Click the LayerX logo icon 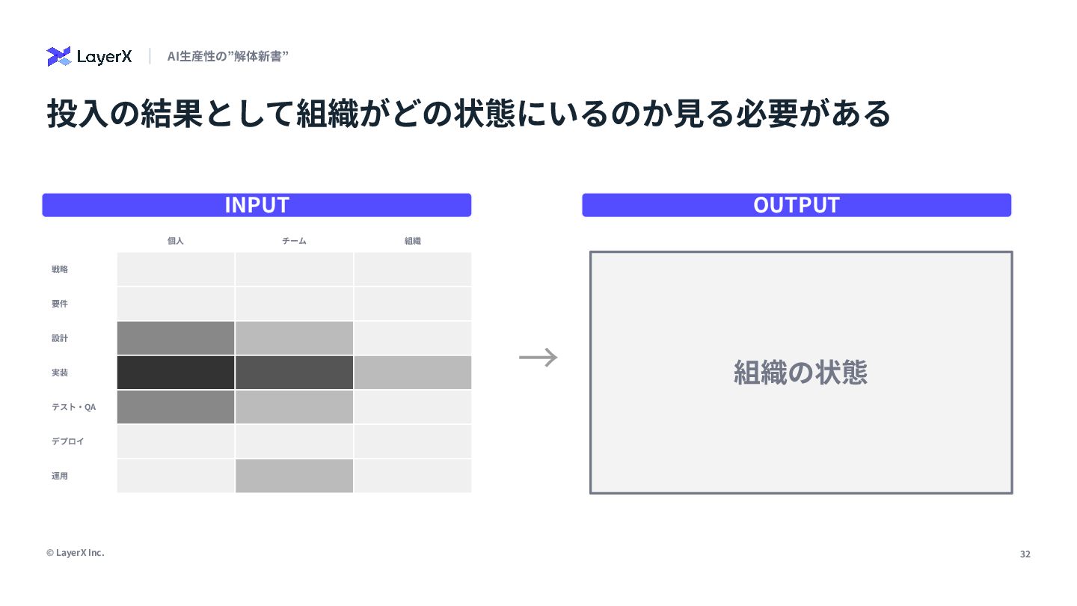click(58, 57)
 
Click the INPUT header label click(257, 205)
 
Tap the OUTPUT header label click(797, 205)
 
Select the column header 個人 click(176, 241)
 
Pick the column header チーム click(294, 241)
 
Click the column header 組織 click(413, 241)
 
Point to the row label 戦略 click(60, 269)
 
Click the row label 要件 click(60, 304)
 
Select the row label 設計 click(60, 338)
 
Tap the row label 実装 click(60, 373)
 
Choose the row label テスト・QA click(73, 407)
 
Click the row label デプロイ click(68, 441)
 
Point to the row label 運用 click(60, 476)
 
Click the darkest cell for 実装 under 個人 click(176, 373)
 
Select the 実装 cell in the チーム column click(294, 373)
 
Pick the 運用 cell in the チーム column click(294, 476)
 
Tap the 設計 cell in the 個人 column click(176, 338)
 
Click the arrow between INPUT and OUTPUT click(538, 358)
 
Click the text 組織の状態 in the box click(800, 373)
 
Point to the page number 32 click(1025, 554)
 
